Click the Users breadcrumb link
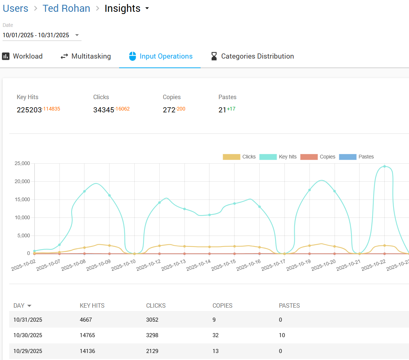15,8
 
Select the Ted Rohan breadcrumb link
66,8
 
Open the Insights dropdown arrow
147,8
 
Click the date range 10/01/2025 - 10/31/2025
36,35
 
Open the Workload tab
22,56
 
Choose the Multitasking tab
86,56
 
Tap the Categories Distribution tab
252,56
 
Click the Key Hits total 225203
29,110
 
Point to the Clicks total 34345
104,110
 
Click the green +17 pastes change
231,109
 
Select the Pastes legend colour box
347,157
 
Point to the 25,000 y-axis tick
22,163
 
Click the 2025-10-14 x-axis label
198,265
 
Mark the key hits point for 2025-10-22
385,166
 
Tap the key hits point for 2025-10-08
84,191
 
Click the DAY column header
19,305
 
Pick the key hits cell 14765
87,335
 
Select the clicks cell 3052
152,319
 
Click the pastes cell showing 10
282,335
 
